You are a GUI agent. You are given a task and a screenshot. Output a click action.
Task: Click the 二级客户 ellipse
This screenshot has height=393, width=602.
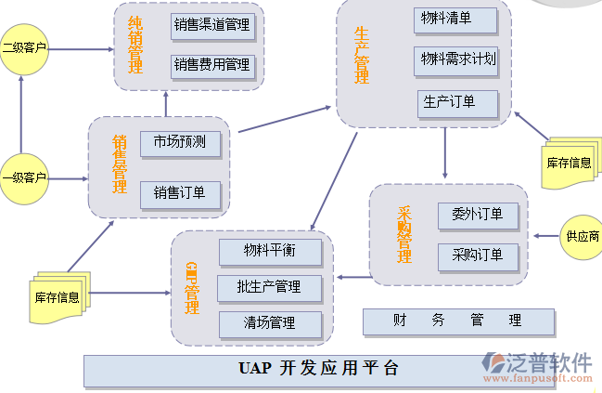23,46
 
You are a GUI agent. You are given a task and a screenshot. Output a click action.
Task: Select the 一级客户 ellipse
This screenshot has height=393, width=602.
23,177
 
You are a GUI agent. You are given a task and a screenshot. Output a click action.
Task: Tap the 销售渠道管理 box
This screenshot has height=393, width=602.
211,25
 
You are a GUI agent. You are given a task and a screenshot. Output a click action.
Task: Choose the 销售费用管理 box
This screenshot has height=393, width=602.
211,65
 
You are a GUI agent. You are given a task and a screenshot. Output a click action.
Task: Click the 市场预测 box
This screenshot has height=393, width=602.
180,142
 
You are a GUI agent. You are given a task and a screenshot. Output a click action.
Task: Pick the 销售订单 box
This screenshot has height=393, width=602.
180,193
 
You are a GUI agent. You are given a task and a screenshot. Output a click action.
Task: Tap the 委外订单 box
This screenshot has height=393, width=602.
477,214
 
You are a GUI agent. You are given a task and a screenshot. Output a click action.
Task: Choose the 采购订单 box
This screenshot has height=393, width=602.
477,255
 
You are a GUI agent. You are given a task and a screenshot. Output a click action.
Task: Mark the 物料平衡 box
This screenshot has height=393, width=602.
270,251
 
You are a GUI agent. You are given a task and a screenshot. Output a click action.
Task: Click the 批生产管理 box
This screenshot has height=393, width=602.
270,286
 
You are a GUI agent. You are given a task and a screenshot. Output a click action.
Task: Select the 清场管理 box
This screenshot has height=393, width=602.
270,323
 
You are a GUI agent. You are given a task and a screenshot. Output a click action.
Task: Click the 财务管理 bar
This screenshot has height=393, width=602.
457,321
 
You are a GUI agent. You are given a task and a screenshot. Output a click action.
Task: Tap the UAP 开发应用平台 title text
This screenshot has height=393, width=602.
314,368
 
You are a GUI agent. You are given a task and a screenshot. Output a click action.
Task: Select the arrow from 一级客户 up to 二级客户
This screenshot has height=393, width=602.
21,110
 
